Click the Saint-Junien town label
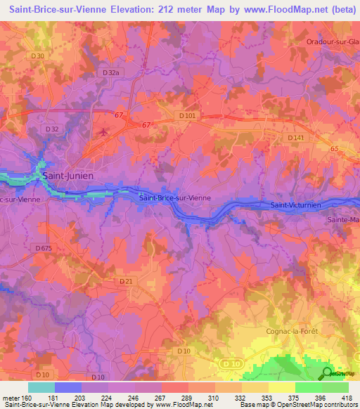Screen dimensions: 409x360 coord(69,176)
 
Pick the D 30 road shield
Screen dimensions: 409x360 coord(38,56)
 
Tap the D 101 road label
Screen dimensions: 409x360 coord(187,115)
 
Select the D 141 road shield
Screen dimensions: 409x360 coord(297,138)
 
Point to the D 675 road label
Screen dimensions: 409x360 coord(43,247)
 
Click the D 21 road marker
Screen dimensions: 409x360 coord(126,281)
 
